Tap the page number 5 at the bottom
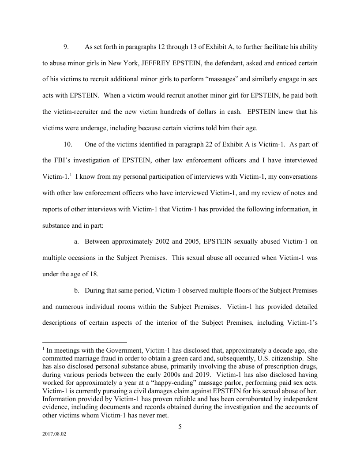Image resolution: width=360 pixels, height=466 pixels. point(180,426)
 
